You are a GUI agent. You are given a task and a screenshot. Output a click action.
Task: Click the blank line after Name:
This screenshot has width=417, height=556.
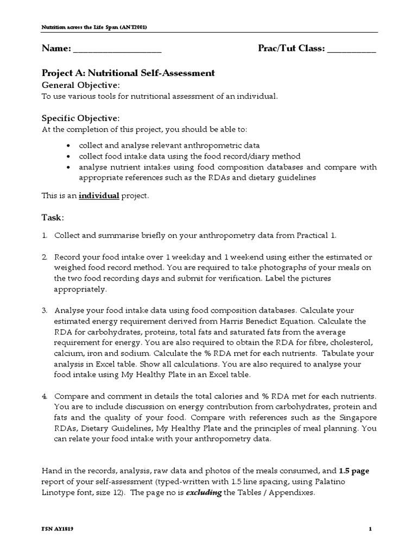(x=117, y=50)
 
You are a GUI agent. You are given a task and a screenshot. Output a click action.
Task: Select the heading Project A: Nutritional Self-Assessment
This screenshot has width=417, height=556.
(x=128, y=73)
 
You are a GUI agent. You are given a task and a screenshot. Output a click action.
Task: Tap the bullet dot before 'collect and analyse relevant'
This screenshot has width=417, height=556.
(x=67, y=146)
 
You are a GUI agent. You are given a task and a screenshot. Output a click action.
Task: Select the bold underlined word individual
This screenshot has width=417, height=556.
(x=99, y=195)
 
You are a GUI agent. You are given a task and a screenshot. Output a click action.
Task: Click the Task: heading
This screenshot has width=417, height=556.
(x=53, y=217)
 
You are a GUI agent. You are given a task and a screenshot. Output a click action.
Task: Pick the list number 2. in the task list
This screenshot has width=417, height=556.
(x=45, y=256)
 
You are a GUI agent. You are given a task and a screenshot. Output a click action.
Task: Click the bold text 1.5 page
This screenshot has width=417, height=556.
(x=354, y=470)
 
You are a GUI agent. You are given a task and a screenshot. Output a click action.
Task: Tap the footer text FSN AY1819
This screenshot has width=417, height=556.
(x=58, y=529)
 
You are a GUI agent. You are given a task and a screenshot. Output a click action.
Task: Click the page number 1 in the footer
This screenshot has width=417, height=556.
(x=369, y=529)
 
